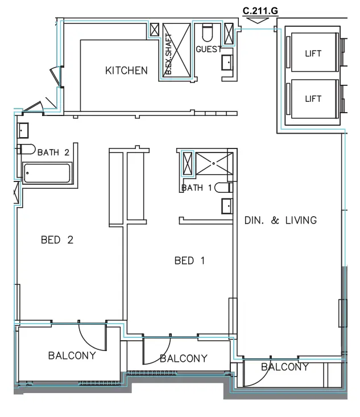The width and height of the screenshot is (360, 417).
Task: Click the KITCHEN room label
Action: (126, 71)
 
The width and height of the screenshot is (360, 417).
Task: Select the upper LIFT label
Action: (313, 54)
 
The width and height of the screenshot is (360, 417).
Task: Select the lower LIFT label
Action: (313, 98)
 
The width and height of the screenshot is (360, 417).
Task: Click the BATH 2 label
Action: (53, 152)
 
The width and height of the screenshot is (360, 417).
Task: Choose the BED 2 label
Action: (57, 240)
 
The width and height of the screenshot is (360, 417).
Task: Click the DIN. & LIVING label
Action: (280, 220)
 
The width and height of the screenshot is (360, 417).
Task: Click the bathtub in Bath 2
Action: (47, 172)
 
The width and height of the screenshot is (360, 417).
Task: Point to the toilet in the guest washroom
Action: (206, 31)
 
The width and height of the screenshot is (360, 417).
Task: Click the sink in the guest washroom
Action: (226, 63)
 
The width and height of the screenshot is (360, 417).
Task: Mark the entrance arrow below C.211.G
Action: (259, 20)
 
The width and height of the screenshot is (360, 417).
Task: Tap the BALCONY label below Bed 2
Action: (72, 356)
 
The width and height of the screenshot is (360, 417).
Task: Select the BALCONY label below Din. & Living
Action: (284, 367)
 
